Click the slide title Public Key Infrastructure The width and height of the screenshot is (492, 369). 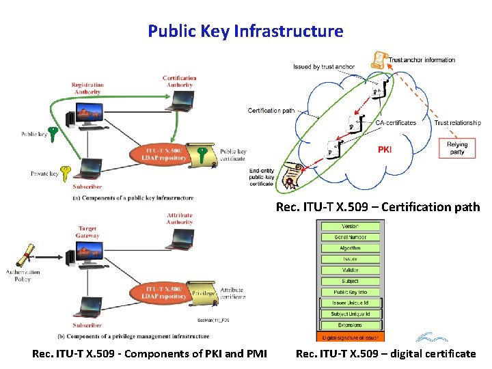[245, 31]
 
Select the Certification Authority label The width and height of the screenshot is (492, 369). [180, 81]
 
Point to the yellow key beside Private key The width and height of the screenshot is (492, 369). [66, 172]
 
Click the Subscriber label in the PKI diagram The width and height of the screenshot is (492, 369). [87, 187]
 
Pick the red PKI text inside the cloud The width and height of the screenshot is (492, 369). [385, 150]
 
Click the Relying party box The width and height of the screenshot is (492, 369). [457, 148]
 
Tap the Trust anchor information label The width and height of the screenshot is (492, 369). [422, 60]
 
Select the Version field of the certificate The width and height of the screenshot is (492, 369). [350, 226]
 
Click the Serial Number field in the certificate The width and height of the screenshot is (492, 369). [350, 237]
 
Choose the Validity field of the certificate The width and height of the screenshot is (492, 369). [350, 270]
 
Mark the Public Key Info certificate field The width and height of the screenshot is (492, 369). [350, 292]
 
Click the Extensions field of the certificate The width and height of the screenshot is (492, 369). [350, 325]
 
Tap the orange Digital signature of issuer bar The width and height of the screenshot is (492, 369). [350, 338]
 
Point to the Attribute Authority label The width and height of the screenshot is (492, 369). [180, 218]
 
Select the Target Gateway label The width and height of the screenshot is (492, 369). [87, 232]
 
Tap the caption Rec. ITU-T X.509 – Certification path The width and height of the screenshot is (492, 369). [378, 206]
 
